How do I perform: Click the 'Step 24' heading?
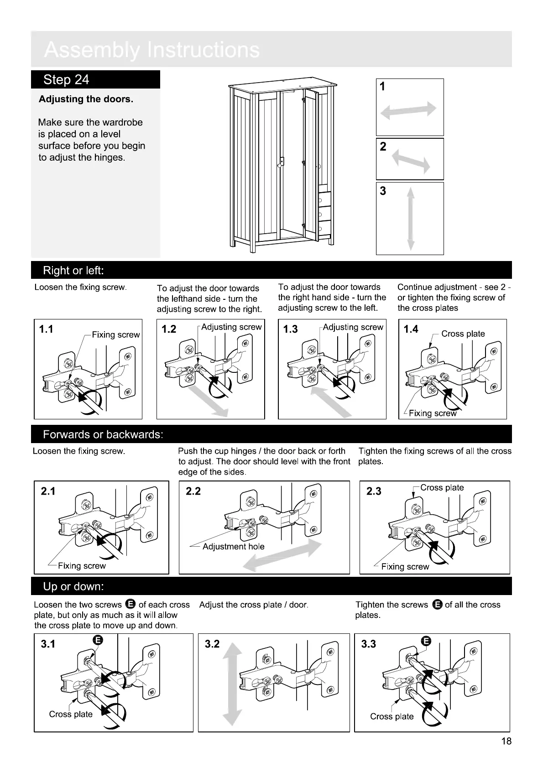pos(66,80)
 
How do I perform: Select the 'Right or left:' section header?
pos(73,271)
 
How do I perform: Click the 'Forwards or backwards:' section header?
pos(103,434)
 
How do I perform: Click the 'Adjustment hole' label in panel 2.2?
pos(233,547)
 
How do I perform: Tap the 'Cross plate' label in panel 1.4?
pos(463,334)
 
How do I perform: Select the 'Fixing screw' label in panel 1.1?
pos(116,335)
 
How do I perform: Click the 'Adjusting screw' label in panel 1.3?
pos(353,327)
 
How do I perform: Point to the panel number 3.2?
pos(212,644)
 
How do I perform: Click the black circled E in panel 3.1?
pos(97,640)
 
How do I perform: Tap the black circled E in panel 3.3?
pos(425,641)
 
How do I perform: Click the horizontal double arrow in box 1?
pos(408,110)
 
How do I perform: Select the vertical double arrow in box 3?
pos(411,219)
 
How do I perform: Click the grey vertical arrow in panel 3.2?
pos(233,684)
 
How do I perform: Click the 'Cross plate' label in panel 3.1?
pos(71,714)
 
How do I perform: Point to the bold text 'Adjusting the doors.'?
pos(86,99)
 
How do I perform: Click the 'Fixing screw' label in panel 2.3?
pos(405,567)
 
